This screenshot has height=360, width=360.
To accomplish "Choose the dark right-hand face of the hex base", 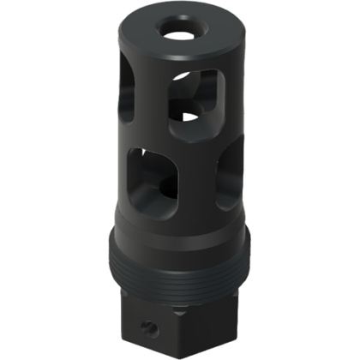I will pyautogui.click(x=219, y=317).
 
